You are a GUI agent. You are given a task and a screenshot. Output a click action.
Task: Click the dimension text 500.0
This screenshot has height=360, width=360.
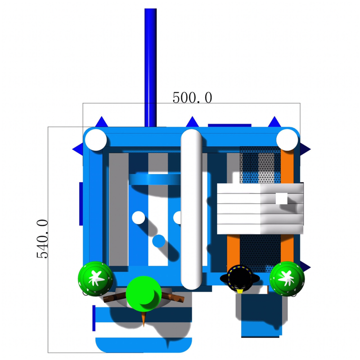coord(192,98)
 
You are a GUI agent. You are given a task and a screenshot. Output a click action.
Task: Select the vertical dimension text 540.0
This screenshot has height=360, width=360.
coord(42,238)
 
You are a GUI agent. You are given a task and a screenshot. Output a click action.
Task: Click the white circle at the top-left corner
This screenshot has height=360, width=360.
coord(96,139)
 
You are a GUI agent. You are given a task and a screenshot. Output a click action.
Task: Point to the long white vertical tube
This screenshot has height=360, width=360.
coord(191,207)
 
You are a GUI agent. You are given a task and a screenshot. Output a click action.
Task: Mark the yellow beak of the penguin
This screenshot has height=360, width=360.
coord(240,292)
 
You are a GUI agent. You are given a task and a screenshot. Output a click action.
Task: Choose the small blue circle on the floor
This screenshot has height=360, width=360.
coord(158,241)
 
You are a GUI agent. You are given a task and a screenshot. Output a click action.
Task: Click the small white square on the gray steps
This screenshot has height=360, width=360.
coord(281,198)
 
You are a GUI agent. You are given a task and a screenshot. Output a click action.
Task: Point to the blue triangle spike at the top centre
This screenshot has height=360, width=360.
coord(192,122)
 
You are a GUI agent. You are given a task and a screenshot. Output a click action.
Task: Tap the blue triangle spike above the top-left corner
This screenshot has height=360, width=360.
coord(101,122)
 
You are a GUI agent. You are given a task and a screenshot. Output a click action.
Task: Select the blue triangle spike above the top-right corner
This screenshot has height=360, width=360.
coord(274,122)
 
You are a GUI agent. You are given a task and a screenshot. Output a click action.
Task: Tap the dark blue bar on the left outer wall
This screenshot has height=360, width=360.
coord(81,203)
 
